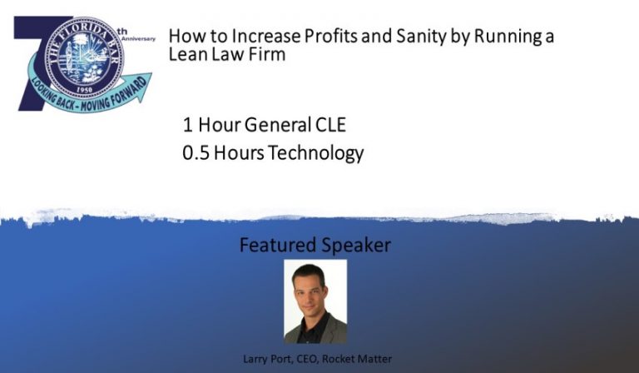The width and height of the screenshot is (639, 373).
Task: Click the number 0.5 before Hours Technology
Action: pos(197,154)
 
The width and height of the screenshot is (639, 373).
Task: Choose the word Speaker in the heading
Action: pos(354,246)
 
